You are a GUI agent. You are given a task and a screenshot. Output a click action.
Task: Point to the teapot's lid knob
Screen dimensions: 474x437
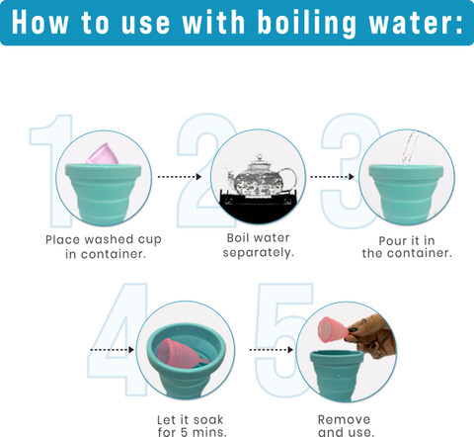tap(260, 157)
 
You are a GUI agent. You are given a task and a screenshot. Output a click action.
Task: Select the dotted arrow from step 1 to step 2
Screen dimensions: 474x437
tap(180, 177)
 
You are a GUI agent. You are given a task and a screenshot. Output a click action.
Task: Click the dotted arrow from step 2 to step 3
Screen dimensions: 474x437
tap(332, 177)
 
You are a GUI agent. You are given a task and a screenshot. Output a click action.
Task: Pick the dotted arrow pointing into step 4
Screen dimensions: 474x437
tap(112, 350)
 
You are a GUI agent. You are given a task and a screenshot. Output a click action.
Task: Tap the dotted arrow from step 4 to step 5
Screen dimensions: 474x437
tap(272, 350)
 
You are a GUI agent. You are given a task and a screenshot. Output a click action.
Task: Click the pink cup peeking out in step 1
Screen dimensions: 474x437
tap(103, 154)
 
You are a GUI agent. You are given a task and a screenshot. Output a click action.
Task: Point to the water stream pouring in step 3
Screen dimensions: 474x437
tap(409, 147)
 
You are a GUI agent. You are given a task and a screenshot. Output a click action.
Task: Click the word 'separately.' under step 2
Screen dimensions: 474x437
tap(258, 253)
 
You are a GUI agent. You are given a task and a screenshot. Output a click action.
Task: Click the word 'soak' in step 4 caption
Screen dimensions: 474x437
tap(208, 420)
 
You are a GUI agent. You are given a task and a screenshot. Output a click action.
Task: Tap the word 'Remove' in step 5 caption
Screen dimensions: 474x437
tap(344, 420)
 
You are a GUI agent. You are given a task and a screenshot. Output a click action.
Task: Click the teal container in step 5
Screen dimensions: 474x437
tap(338, 375)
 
